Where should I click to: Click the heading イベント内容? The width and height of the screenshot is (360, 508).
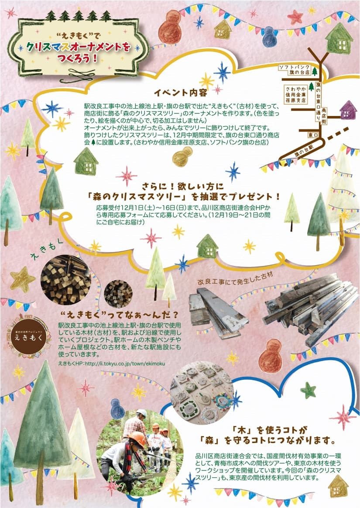(180, 92)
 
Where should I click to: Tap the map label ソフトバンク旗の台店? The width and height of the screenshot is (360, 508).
(295, 70)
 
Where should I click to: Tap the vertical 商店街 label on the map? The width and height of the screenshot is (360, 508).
(324, 115)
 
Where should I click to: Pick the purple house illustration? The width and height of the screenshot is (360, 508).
(348, 109)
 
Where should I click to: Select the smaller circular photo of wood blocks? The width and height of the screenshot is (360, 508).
(118, 294)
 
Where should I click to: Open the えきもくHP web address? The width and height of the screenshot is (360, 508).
(112, 364)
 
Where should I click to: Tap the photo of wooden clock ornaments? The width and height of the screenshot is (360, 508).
(202, 392)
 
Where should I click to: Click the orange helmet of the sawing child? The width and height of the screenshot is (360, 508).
(137, 439)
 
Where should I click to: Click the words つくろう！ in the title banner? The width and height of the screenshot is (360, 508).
(77, 58)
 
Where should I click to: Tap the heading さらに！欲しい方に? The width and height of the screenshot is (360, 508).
(183, 186)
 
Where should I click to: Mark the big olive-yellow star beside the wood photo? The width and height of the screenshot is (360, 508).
(22, 280)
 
